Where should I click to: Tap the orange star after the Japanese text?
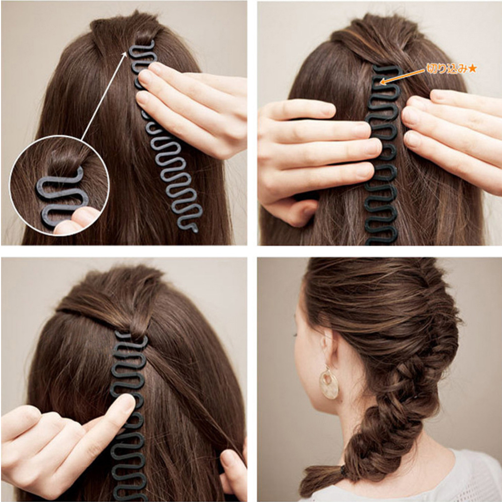[x=472, y=68]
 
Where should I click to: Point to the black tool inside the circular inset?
[x=58, y=193]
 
